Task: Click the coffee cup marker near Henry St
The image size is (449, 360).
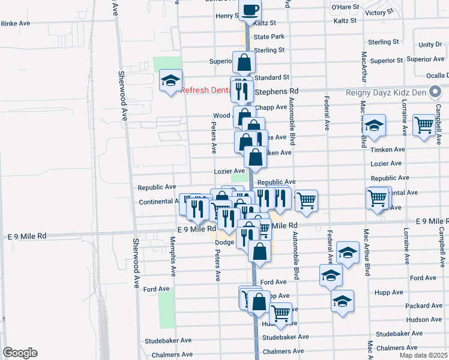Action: pos(250,10)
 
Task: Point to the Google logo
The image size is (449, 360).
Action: pos(20,353)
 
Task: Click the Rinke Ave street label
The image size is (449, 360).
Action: pos(16,23)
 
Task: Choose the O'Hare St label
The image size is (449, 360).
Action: pos(345,7)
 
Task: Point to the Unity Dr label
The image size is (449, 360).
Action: pos(430,44)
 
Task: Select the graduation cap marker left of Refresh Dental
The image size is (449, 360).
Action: pos(170,80)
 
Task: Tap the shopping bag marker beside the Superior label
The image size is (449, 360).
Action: pos(244,62)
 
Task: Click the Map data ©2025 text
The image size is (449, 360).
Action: pos(424,355)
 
